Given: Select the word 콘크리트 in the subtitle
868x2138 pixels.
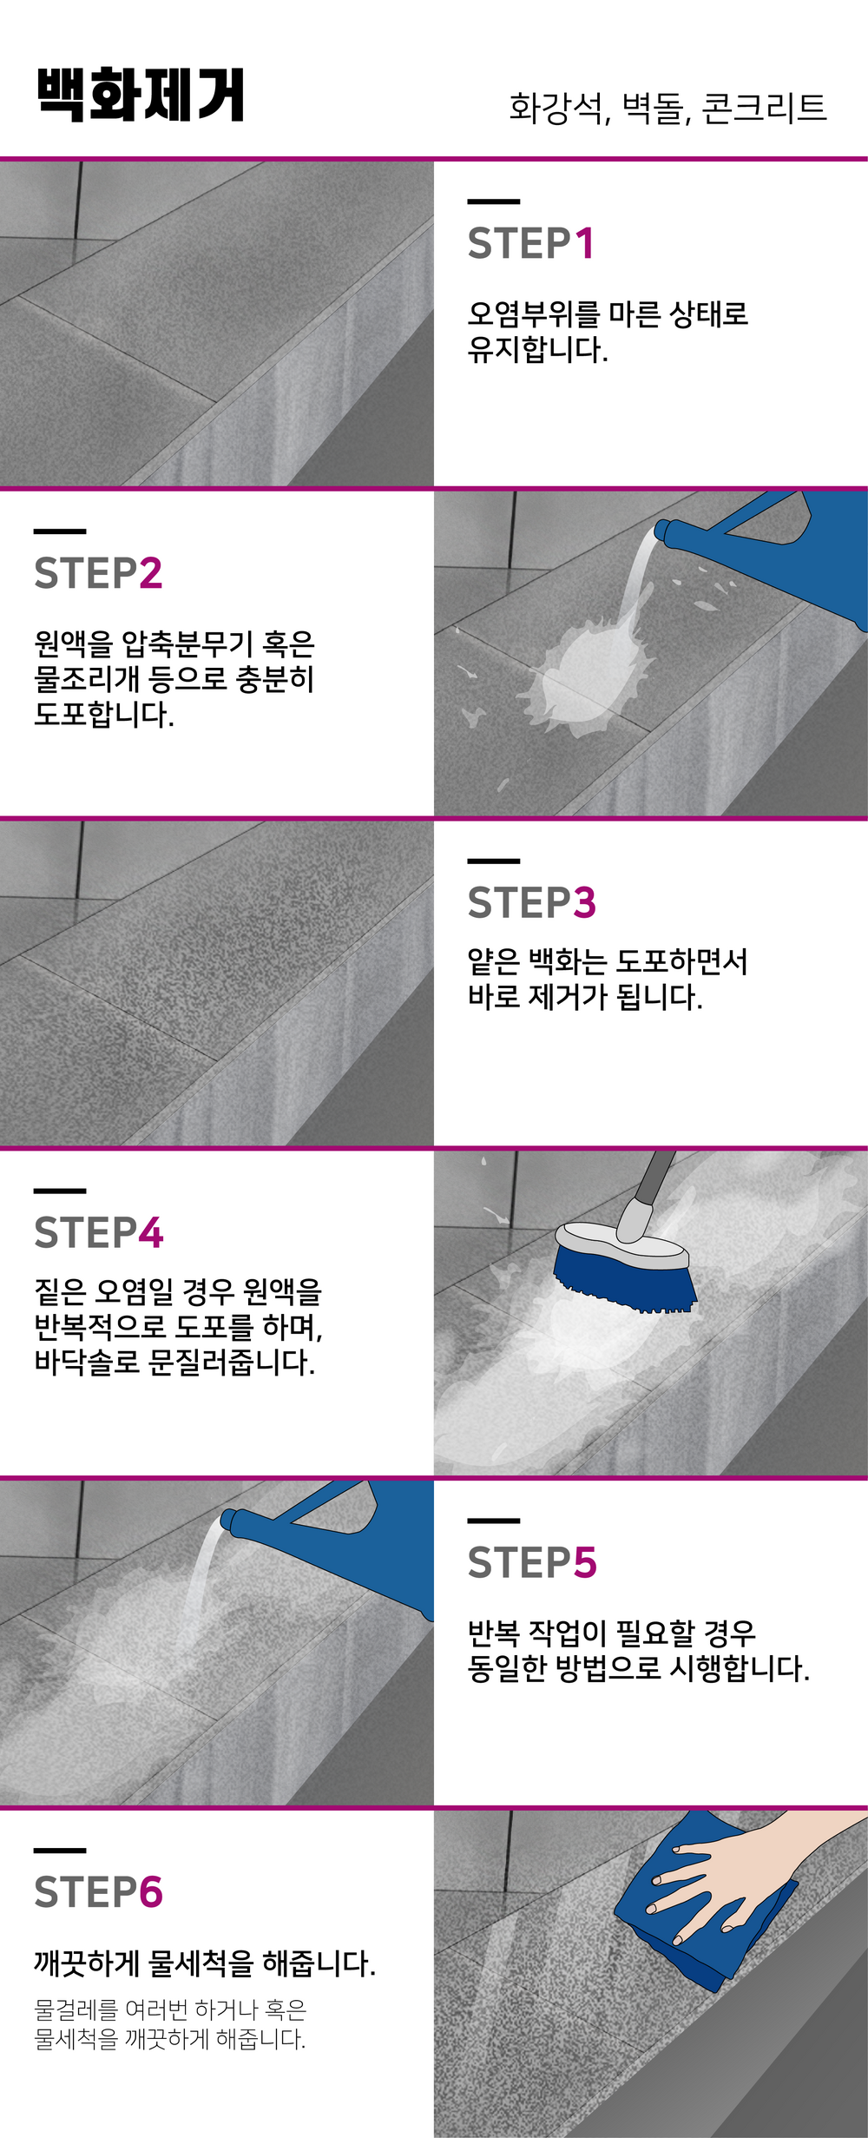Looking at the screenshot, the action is (764, 108).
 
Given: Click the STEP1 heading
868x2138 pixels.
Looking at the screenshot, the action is (531, 243).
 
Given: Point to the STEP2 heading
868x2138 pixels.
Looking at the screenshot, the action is (98, 573).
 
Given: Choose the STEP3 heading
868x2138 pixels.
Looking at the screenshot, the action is (532, 903).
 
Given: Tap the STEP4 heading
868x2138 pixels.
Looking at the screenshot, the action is (99, 1233).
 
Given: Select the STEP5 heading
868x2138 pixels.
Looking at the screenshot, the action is (532, 1563).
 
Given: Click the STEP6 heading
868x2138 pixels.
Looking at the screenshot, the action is (99, 1893).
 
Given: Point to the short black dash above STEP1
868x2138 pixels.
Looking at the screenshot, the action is (493, 201).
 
